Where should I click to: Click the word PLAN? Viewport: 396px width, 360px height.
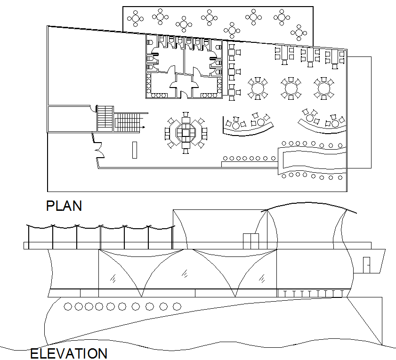point(64,206)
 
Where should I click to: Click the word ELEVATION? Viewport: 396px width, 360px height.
point(69,353)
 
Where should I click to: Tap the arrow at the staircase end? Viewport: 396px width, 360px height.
point(143,127)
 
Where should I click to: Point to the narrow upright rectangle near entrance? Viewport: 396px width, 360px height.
point(135,150)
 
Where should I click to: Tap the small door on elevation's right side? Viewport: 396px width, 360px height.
point(366,265)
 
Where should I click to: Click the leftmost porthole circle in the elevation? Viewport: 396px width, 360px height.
point(68,307)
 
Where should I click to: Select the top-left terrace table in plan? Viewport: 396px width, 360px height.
point(136,19)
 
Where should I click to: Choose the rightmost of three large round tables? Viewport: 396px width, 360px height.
point(324,88)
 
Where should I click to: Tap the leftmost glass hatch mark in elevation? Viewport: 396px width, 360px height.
point(113,278)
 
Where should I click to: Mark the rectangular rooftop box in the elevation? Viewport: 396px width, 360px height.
point(251,240)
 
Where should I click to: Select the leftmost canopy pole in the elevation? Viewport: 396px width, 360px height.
point(28,235)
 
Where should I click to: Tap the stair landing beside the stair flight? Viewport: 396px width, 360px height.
point(105,118)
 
